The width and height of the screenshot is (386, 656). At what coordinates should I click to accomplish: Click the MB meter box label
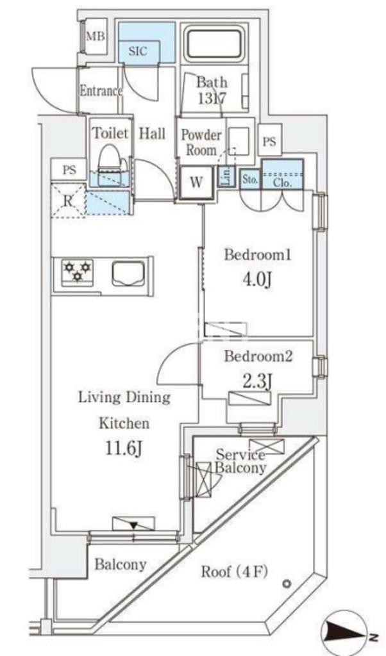96,37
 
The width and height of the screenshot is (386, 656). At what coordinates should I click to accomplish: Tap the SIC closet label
138,51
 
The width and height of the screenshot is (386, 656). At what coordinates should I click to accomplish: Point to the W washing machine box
196,183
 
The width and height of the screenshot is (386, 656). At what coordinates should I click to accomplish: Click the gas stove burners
78,271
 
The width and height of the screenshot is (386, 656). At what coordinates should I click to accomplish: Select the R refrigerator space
68,201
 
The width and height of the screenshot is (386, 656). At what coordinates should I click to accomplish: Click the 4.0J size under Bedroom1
258,279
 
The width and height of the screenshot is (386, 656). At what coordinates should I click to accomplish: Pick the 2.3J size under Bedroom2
257,381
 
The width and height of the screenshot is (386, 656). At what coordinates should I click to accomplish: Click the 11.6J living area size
124,450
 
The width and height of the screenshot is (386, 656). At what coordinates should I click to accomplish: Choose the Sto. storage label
250,180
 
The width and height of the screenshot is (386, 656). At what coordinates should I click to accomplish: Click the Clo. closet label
281,183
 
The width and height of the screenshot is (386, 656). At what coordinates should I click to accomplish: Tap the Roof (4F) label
235,571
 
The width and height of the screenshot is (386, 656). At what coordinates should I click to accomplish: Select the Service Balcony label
240,461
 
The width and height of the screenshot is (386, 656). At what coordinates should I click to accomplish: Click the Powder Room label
201,143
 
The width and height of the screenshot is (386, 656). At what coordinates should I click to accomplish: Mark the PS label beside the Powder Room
269,142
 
